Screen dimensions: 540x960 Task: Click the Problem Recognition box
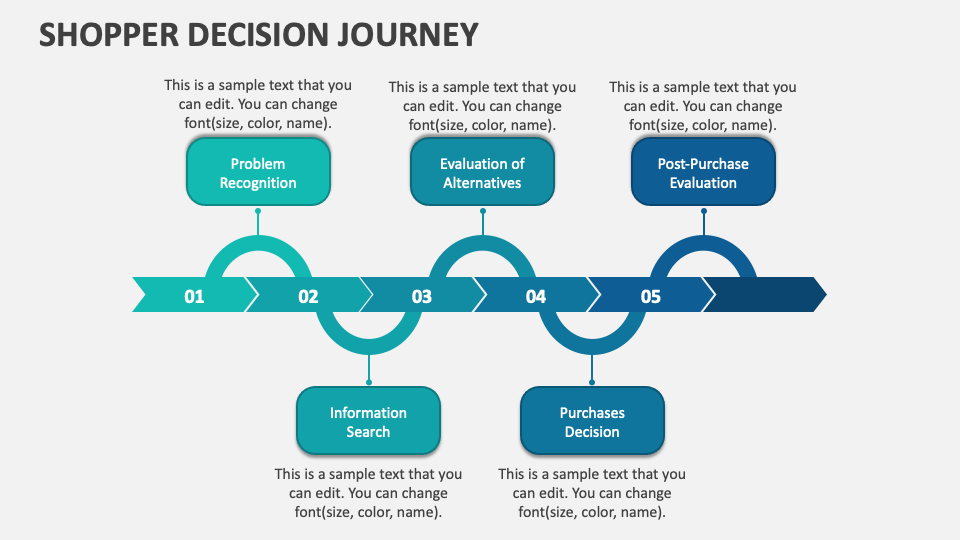point(258,173)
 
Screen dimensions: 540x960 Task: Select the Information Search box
point(368,422)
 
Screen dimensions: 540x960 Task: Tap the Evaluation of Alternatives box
point(482,173)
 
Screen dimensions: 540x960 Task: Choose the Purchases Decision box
point(592,422)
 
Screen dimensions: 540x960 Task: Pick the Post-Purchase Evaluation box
point(703,173)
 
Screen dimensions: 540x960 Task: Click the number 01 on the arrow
point(194,296)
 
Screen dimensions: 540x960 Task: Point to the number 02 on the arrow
point(308,296)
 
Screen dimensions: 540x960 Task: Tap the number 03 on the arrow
point(421,296)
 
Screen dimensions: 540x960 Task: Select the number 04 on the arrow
point(536,296)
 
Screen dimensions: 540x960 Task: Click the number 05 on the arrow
point(650,296)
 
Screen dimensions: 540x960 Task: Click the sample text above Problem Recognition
point(258,105)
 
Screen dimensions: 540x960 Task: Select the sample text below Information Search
point(368,493)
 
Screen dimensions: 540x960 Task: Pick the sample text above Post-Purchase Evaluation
point(703,105)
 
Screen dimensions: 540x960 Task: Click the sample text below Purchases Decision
point(592,493)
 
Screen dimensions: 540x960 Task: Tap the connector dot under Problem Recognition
point(258,211)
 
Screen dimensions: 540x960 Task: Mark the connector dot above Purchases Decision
point(592,381)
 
